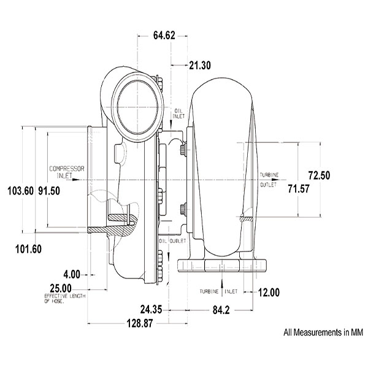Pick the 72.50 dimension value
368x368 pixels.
click(x=319, y=175)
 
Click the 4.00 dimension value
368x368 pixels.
click(x=72, y=274)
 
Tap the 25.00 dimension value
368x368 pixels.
click(x=61, y=288)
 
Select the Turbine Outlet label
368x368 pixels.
click(x=269, y=179)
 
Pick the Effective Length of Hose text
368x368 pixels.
click(x=64, y=298)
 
